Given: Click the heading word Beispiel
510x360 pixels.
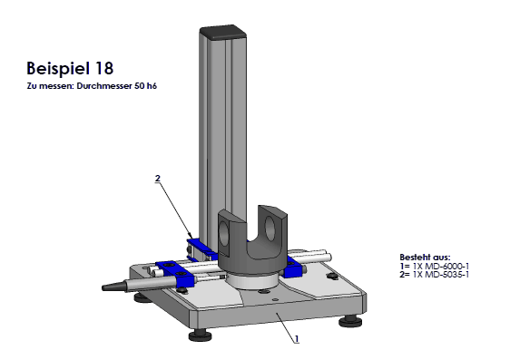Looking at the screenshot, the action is tap(58, 69).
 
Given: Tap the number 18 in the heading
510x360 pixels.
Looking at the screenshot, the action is tap(104, 68).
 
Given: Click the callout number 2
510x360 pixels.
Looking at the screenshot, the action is tap(158, 179).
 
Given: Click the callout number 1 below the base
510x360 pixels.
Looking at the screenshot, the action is tap(297, 339).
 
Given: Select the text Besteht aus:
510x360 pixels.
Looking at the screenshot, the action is tap(425, 258).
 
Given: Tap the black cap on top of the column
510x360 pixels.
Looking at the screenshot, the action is tap(223, 32).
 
